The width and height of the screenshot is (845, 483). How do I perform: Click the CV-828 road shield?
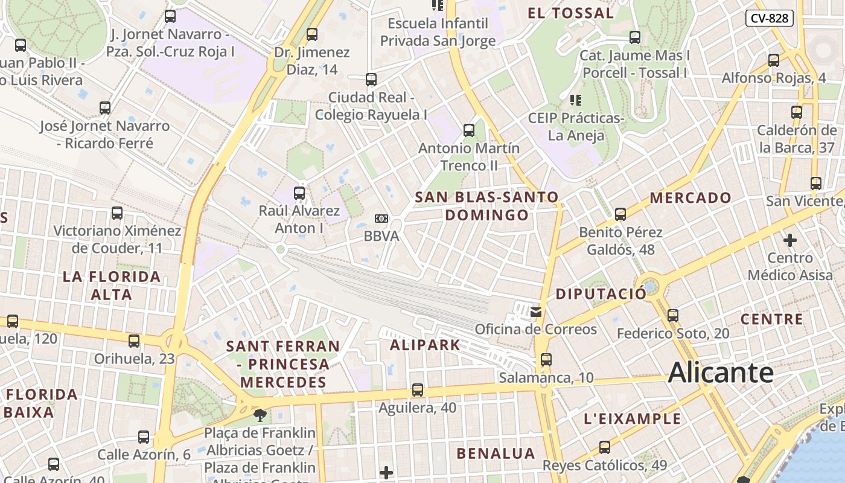point(769,18)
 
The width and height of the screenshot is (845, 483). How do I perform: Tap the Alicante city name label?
point(721,372)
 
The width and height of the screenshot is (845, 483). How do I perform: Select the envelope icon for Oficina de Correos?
point(536,312)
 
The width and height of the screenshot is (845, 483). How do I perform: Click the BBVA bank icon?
point(381,219)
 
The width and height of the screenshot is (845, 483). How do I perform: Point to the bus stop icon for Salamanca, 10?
point(546,360)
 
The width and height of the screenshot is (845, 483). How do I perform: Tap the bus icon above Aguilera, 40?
point(417,390)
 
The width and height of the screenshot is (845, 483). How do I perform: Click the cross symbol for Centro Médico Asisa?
point(789,240)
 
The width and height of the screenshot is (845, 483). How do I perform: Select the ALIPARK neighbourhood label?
point(425,345)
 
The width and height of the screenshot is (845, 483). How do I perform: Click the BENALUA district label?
point(496,453)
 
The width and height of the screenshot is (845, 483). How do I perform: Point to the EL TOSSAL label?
point(570,13)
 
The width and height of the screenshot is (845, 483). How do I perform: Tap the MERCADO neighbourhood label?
point(690,198)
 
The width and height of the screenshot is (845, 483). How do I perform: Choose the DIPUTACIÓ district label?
point(601,294)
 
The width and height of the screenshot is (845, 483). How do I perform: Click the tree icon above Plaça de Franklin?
point(260,415)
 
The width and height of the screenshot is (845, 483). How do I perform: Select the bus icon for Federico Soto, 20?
point(672,315)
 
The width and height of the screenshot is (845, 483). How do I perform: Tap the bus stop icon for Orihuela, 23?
point(134,341)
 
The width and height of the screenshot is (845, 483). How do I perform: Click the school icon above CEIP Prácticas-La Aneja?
point(575,100)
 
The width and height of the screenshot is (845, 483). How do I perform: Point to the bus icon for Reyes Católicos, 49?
point(604,447)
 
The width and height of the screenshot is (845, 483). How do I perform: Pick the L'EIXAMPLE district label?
point(633,419)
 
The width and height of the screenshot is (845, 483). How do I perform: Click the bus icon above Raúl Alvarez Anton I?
point(299,193)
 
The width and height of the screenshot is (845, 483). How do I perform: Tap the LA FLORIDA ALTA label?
point(112,286)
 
